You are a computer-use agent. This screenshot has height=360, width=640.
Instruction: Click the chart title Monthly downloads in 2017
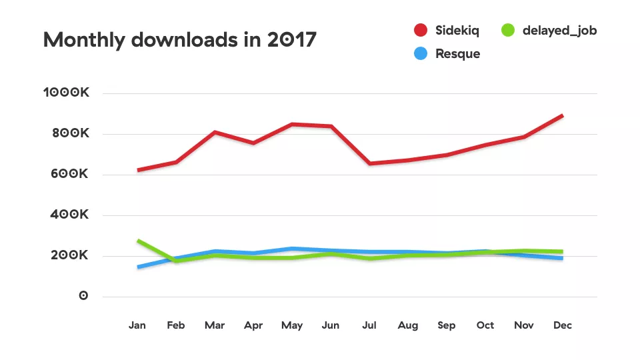(180, 40)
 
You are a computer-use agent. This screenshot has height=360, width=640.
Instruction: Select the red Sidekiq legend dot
(420, 31)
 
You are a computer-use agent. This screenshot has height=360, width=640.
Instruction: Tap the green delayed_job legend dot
(509, 31)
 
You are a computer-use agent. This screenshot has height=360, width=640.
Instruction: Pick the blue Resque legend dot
(420, 54)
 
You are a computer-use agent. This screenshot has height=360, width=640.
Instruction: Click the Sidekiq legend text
(457, 31)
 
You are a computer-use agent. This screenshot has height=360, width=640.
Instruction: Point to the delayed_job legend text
(559, 31)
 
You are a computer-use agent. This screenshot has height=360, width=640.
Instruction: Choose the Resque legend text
(457, 54)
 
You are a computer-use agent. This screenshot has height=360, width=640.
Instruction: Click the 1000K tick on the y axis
(66, 93)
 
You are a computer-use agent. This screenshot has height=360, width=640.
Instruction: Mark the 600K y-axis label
(69, 175)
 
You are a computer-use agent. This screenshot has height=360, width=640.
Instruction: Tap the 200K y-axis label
(69, 256)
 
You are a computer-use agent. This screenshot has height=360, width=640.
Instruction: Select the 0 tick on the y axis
(83, 296)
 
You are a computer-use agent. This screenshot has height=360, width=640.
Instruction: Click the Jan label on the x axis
(137, 325)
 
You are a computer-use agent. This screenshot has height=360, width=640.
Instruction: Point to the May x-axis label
(292, 325)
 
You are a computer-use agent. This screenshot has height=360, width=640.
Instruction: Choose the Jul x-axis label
(369, 325)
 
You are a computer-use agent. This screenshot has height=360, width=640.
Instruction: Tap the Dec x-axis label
(563, 325)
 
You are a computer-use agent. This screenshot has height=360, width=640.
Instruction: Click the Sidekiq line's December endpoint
(563, 116)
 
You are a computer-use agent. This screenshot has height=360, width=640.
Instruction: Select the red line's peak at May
(292, 124)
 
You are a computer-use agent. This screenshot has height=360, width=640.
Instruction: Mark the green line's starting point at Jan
(138, 241)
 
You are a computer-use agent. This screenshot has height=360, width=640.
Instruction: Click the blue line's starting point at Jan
(138, 267)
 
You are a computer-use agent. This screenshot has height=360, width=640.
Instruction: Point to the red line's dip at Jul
(369, 163)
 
